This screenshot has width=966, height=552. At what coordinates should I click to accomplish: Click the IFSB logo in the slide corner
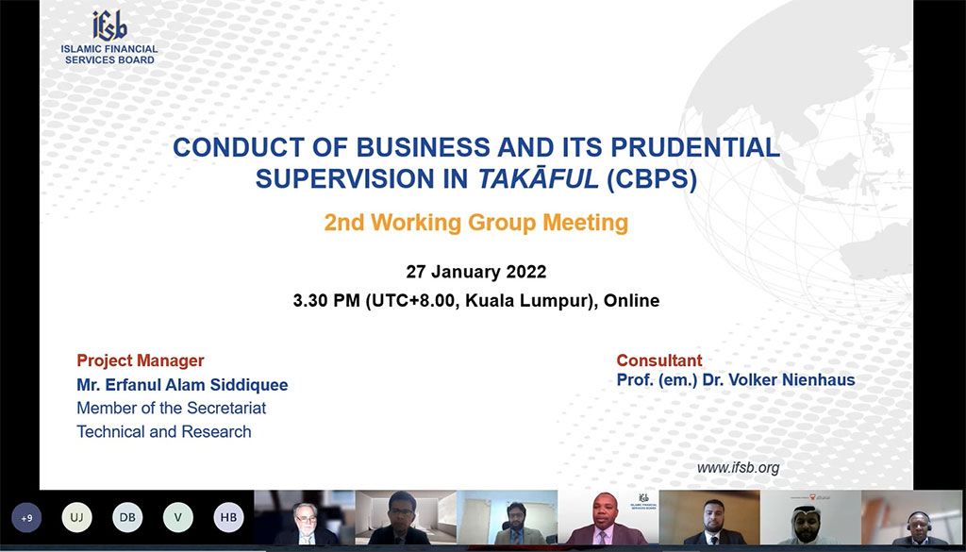tap(109, 37)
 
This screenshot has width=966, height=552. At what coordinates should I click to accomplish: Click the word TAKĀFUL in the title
tap(538, 178)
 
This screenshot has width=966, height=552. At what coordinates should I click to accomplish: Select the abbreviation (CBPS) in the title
tap(652, 179)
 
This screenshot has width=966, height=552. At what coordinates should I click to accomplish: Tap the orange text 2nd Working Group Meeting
tap(475, 223)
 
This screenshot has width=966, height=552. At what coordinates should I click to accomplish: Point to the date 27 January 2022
tap(476, 272)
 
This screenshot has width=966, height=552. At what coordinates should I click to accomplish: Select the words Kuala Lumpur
tap(528, 301)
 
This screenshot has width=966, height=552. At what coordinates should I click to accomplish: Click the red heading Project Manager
tap(141, 361)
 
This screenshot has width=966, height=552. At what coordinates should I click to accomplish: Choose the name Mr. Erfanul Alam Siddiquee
tap(182, 386)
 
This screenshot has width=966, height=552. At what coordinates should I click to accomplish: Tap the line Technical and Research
tap(164, 432)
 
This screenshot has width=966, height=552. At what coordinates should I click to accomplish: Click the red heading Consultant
tap(659, 361)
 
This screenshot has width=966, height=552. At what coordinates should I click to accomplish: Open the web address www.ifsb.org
tap(738, 468)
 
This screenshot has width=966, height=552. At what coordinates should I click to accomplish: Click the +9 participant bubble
tap(26, 518)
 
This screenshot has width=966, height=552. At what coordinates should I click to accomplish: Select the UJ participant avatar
tap(77, 518)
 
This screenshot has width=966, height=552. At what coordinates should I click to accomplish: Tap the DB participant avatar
tap(127, 518)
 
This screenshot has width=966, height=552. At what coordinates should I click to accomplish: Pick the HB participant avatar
tap(228, 518)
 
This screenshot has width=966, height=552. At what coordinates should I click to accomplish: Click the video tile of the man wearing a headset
tap(912, 517)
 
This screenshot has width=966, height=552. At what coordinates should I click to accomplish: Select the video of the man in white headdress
tap(810, 517)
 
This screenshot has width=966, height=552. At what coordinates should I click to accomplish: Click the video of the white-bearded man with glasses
tap(305, 517)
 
